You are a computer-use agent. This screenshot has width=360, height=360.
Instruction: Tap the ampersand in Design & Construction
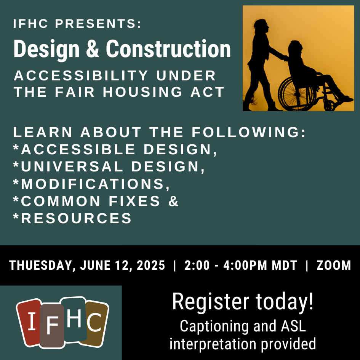[93, 49]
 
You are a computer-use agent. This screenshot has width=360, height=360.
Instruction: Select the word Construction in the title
[168, 49]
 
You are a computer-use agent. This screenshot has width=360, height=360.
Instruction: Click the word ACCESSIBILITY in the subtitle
[81, 75]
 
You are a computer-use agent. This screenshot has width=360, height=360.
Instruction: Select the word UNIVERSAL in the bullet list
[72, 166]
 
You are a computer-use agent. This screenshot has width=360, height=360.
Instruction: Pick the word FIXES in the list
[134, 201]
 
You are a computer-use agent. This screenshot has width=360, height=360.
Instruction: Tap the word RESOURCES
[76, 218]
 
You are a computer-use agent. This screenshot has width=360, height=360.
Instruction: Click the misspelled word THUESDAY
[41, 266]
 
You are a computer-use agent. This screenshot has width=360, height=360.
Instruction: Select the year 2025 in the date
[151, 266]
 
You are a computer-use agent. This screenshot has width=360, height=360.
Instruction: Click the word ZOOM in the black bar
[334, 266]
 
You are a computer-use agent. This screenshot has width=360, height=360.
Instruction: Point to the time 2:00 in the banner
[197, 266]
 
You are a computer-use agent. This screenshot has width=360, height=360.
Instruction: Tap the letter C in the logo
[94, 322]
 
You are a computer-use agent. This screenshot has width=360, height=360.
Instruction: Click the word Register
[211, 302]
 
